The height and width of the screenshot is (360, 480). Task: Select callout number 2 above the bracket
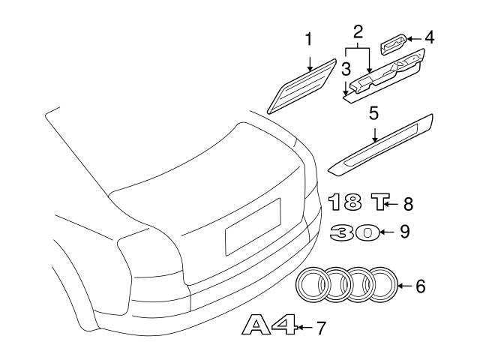tap(358, 31)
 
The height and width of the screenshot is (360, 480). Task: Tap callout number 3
tap(346, 70)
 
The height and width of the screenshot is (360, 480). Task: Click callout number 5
tap(373, 114)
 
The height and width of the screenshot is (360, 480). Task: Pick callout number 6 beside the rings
tap(420, 285)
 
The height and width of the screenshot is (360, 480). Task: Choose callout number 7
tap(321, 328)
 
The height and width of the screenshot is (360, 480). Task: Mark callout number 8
tap(408, 202)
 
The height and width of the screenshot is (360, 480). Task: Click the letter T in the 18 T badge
tap(382, 202)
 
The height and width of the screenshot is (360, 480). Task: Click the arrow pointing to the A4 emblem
tap(304, 328)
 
